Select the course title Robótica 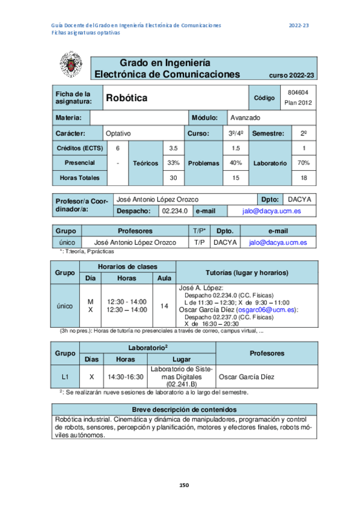pyautogui.click(x=126, y=97)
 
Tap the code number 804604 pyautogui.click(x=298, y=92)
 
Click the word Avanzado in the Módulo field pyautogui.click(x=245, y=118)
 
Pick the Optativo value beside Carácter pyautogui.click(x=118, y=133)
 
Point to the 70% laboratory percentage pyautogui.click(x=304, y=163)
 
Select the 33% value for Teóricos pyautogui.click(x=174, y=163)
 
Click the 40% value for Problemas pyautogui.click(x=236, y=163)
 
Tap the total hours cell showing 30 pyautogui.click(x=174, y=178)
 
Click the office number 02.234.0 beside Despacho pyautogui.click(x=176, y=211)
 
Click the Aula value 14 pyautogui.click(x=164, y=306)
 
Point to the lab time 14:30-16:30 pyautogui.click(x=125, y=377)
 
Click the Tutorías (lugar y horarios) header pyautogui.click(x=247, y=272)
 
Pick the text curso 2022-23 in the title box pyautogui.click(x=291, y=75)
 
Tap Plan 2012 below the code pyautogui.click(x=298, y=103)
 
